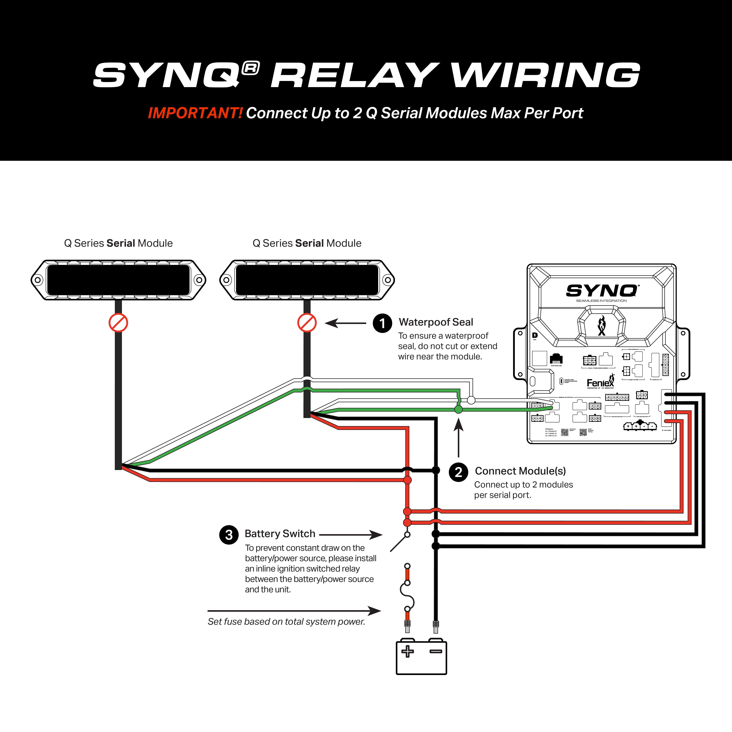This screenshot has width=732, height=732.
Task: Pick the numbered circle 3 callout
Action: point(229,535)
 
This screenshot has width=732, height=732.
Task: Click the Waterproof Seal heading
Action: point(436,322)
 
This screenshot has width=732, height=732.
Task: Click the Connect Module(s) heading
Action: point(520,471)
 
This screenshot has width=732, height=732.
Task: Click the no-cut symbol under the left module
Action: point(118,323)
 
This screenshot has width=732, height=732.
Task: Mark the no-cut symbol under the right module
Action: point(307,323)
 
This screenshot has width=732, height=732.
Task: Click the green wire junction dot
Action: point(458,409)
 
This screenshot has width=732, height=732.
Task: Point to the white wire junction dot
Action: point(471,400)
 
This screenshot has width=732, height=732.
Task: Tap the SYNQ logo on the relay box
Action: point(602,291)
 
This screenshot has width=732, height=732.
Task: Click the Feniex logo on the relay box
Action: point(600,383)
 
